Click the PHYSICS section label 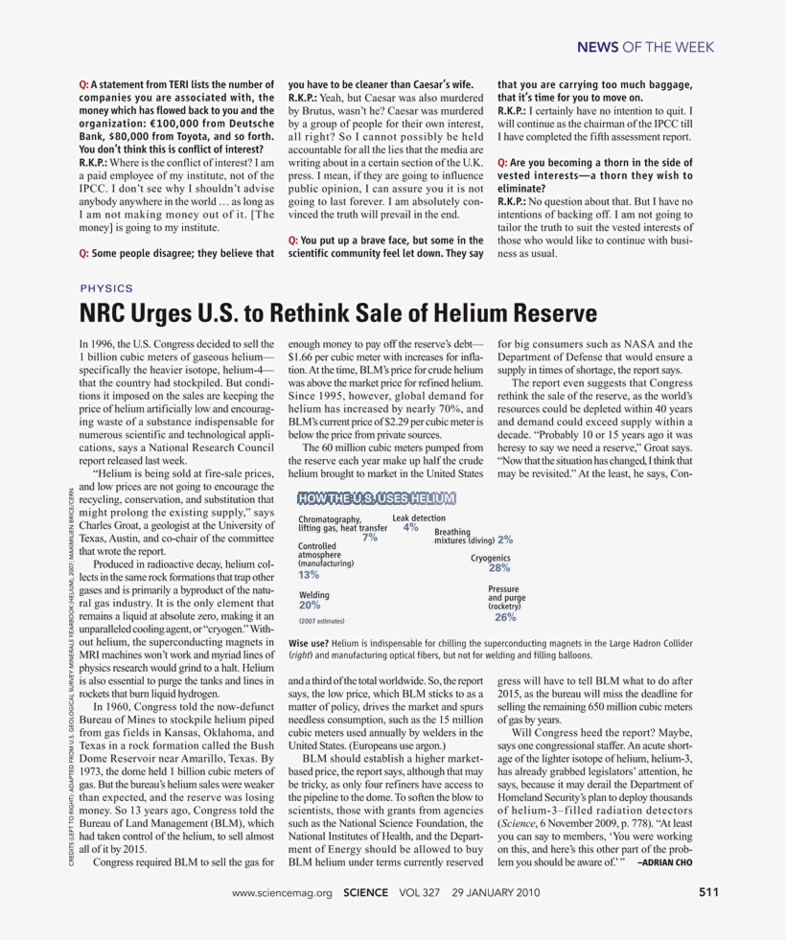106,287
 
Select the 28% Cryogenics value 498,568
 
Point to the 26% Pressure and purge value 504,617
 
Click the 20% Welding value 310,606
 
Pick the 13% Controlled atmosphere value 309,575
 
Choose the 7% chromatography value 369,538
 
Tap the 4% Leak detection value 411,527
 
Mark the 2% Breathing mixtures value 505,540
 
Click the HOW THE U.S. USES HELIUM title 377,498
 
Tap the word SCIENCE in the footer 365,893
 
